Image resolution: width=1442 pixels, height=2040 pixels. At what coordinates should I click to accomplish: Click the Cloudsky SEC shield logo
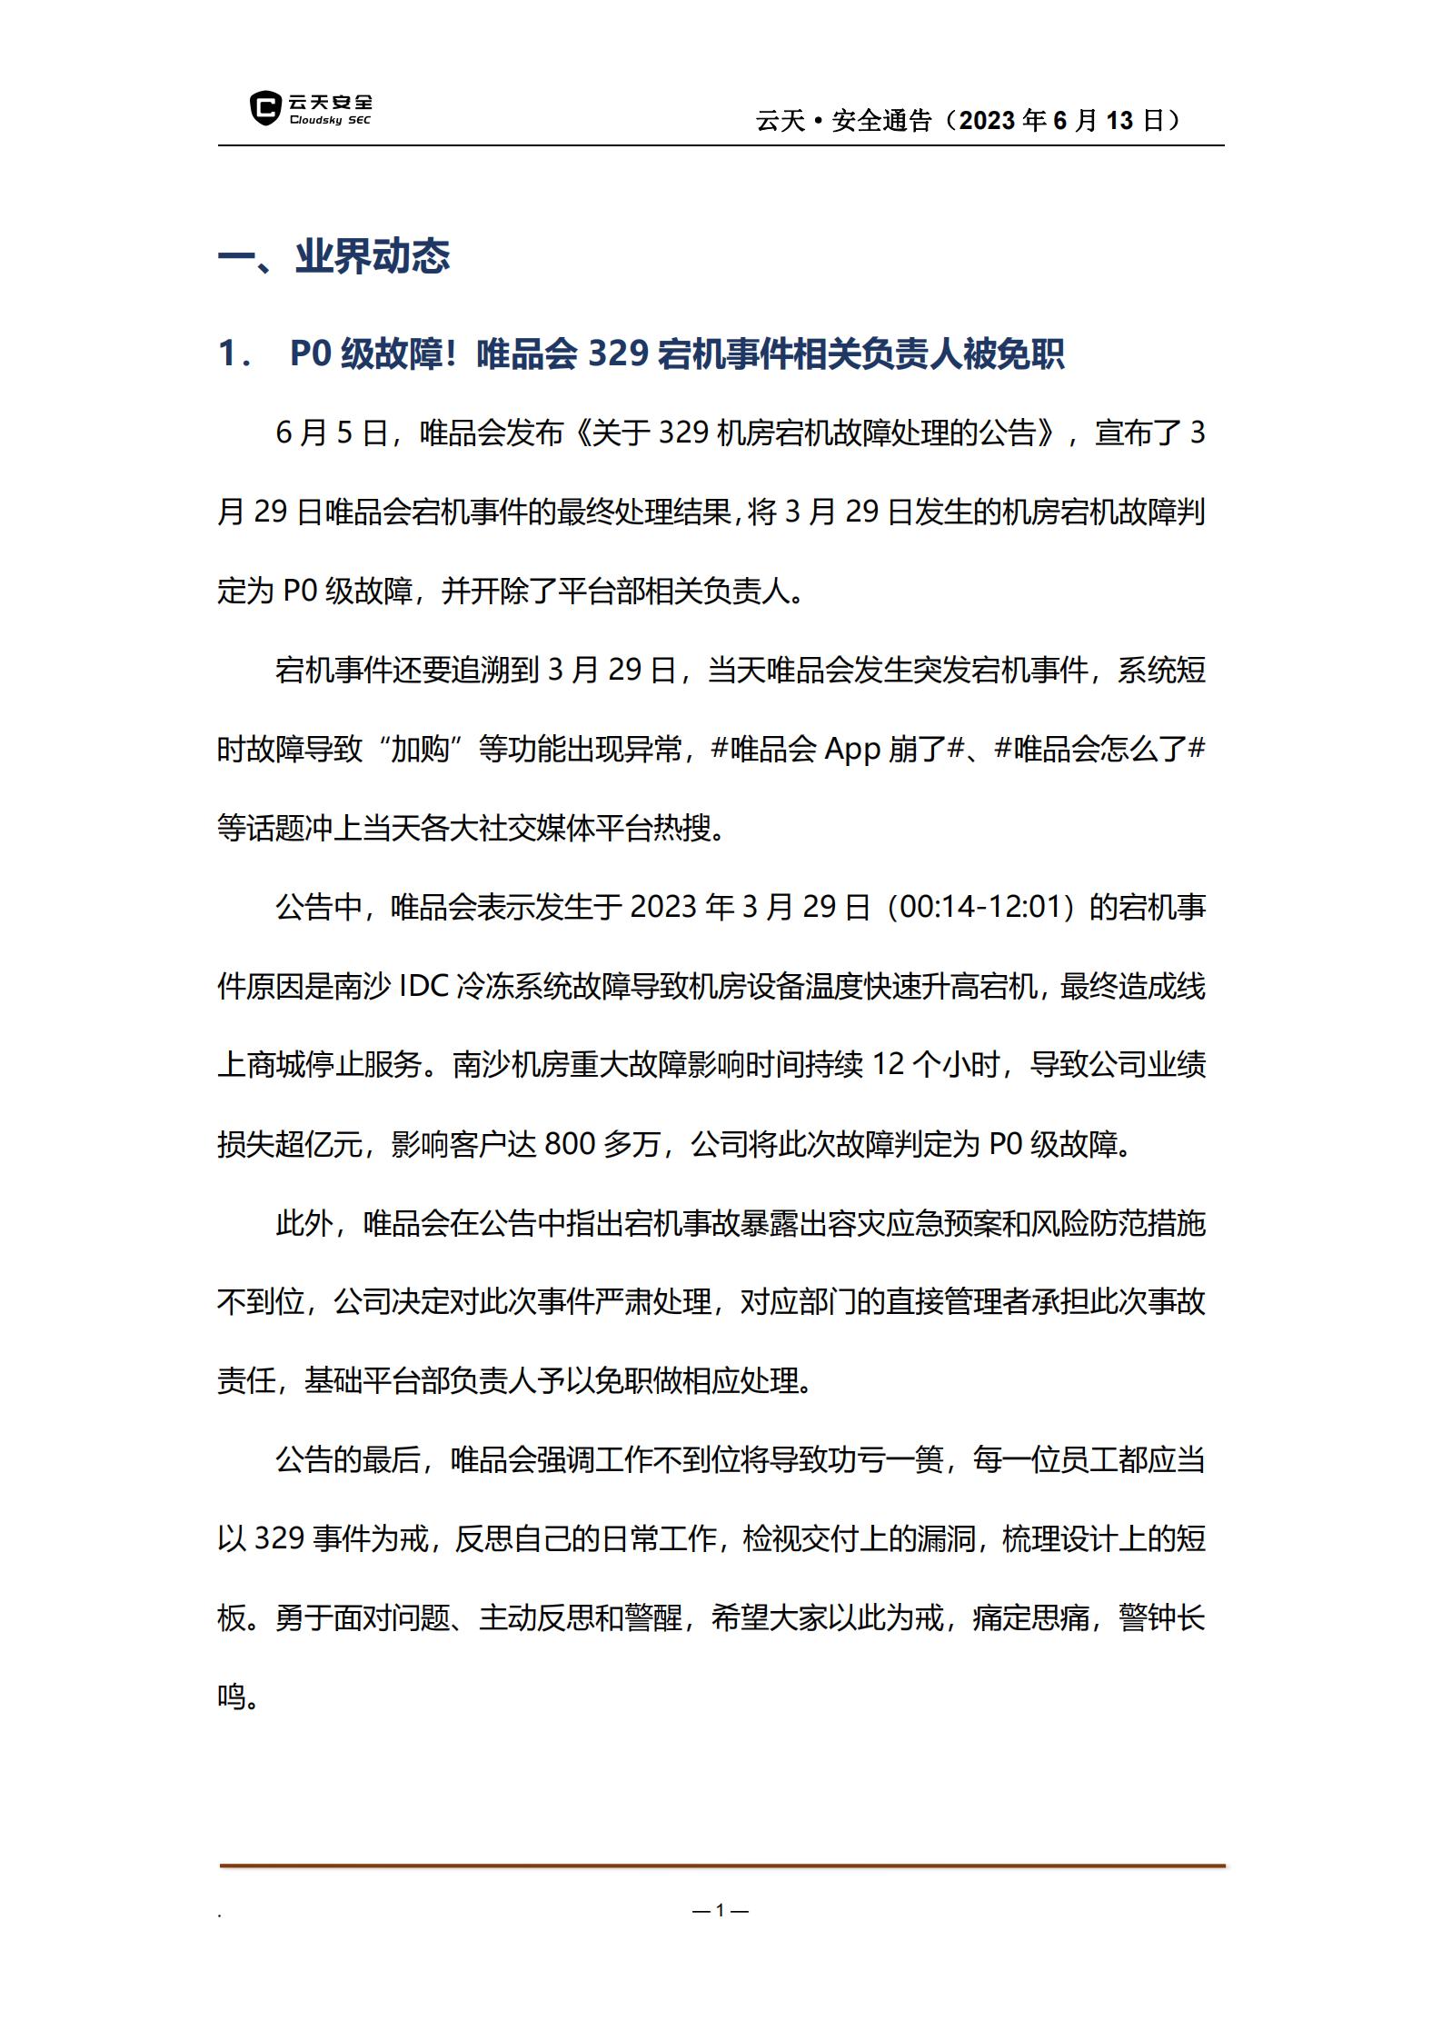click(264, 108)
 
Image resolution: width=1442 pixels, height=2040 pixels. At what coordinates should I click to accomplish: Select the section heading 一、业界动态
click(333, 257)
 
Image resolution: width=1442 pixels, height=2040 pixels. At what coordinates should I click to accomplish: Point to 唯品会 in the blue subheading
click(527, 353)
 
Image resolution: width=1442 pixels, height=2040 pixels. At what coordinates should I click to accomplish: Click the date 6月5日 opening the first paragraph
click(332, 433)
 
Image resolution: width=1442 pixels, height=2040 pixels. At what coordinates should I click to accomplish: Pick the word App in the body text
click(852, 750)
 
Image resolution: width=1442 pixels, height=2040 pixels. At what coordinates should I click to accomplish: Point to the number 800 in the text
click(569, 1145)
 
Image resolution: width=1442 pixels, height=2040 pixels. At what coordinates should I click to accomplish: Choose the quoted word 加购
click(420, 750)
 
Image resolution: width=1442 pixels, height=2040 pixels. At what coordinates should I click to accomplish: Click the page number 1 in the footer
click(720, 1910)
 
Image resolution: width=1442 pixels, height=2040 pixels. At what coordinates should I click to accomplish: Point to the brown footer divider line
click(721, 1866)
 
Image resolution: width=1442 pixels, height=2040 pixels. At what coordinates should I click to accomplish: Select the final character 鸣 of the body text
click(232, 1697)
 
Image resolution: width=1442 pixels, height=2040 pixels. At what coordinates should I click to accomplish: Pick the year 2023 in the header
click(988, 121)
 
